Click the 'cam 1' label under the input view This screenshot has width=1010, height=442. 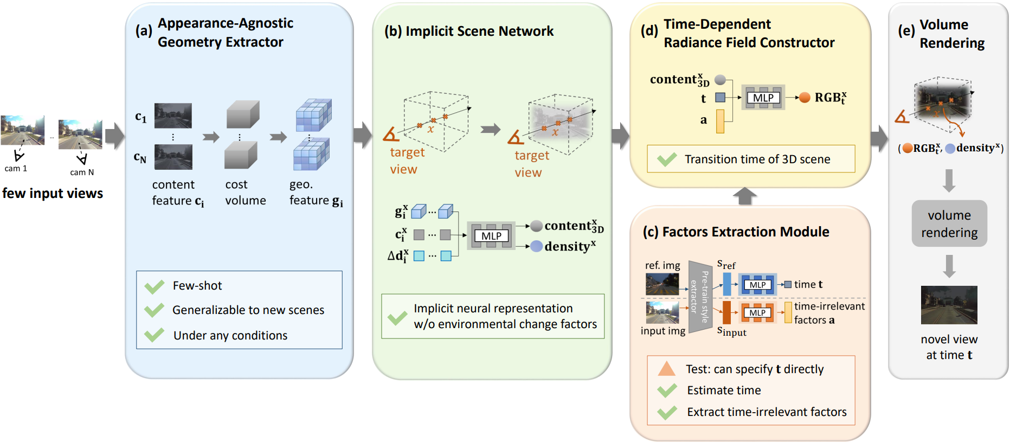tap(16, 169)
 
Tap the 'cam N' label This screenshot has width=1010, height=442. tap(82, 172)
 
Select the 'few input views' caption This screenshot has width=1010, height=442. tap(53, 194)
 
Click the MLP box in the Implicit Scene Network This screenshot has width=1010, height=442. tap(491, 236)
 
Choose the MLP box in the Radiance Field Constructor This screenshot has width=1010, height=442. tap(763, 98)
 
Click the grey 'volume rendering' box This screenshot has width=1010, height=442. tap(949, 223)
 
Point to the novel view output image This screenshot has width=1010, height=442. tap(949, 305)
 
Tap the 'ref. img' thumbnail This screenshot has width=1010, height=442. tap(662, 284)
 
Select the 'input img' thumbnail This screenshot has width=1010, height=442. tap(662, 312)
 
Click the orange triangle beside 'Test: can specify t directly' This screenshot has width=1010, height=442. tap(666, 369)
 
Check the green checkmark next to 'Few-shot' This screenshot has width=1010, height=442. tap(155, 286)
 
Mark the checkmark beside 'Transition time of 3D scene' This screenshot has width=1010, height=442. tap(667, 159)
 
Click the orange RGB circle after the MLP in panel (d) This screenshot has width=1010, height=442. tap(805, 98)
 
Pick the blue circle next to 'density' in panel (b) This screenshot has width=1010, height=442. tap(536, 246)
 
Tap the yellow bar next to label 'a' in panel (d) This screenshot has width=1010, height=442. tap(720, 121)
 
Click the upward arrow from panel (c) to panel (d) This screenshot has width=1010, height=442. tap(745, 196)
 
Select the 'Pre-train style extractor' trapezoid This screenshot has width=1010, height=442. tap(700, 297)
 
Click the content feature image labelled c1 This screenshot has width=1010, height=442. tap(173, 116)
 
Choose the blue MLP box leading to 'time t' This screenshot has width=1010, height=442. tap(757, 285)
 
